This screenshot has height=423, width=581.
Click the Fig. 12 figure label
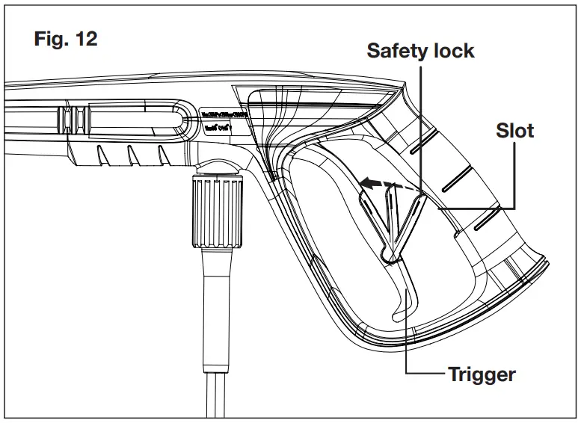coord(66,40)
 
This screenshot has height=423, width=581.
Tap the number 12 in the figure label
coord(84,40)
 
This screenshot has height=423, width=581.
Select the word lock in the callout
coord(453,51)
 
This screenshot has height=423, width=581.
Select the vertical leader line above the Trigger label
coord(405,329)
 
